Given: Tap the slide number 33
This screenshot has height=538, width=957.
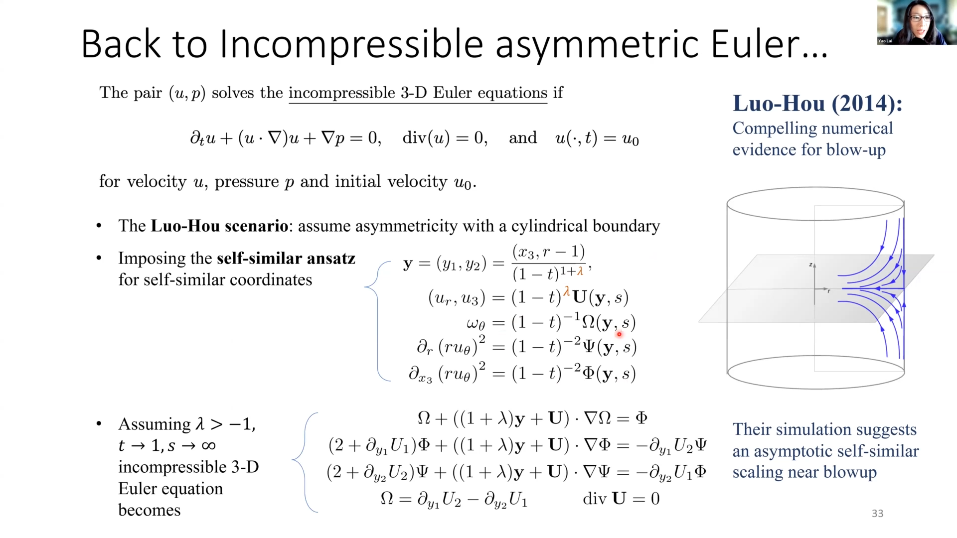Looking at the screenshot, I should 877,514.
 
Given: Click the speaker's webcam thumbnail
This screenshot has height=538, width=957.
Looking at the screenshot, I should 916,22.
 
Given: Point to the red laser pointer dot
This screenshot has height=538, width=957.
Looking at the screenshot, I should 619,334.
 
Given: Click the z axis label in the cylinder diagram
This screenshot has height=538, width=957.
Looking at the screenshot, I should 811,265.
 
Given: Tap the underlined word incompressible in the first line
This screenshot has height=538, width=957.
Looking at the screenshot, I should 342,93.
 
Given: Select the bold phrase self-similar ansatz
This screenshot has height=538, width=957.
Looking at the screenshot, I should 286,258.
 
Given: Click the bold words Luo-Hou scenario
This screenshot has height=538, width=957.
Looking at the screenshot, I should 219,226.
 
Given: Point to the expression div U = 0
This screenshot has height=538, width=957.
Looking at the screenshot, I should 621,499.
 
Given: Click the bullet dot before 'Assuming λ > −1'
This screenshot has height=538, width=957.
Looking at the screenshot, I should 99,424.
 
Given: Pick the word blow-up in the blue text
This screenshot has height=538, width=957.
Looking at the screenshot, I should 856,150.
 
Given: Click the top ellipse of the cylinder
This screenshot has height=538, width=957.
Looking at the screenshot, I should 815,189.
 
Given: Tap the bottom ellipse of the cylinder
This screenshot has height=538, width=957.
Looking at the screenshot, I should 815,388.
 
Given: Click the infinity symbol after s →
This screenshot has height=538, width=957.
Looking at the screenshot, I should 208,445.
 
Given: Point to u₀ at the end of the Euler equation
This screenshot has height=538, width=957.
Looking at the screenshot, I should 630,138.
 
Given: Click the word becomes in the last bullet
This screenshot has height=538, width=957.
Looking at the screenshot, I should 149,510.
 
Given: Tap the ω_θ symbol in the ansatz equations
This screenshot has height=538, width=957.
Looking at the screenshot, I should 476,324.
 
